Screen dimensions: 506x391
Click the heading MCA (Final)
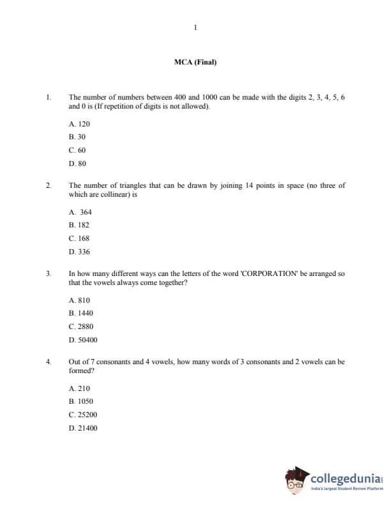click(195, 62)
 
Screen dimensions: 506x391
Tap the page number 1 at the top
click(195, 27)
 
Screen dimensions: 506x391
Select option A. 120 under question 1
click(79, 124)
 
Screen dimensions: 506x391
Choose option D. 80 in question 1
click(77, 164)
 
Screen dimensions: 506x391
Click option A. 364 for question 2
click(80, 212)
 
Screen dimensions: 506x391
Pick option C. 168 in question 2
click(79, 238)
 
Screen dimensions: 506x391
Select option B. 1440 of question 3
click(80, 314)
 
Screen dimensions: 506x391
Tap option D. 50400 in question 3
click(83, 340)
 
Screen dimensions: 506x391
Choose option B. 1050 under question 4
click(80, 401)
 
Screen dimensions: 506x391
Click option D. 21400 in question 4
click(83, 428)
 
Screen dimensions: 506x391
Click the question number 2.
click(48, 185)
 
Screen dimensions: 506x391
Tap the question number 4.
click(48, 362)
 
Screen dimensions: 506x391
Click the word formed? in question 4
click(82, 371)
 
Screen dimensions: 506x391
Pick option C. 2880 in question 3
click(80, 326)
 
